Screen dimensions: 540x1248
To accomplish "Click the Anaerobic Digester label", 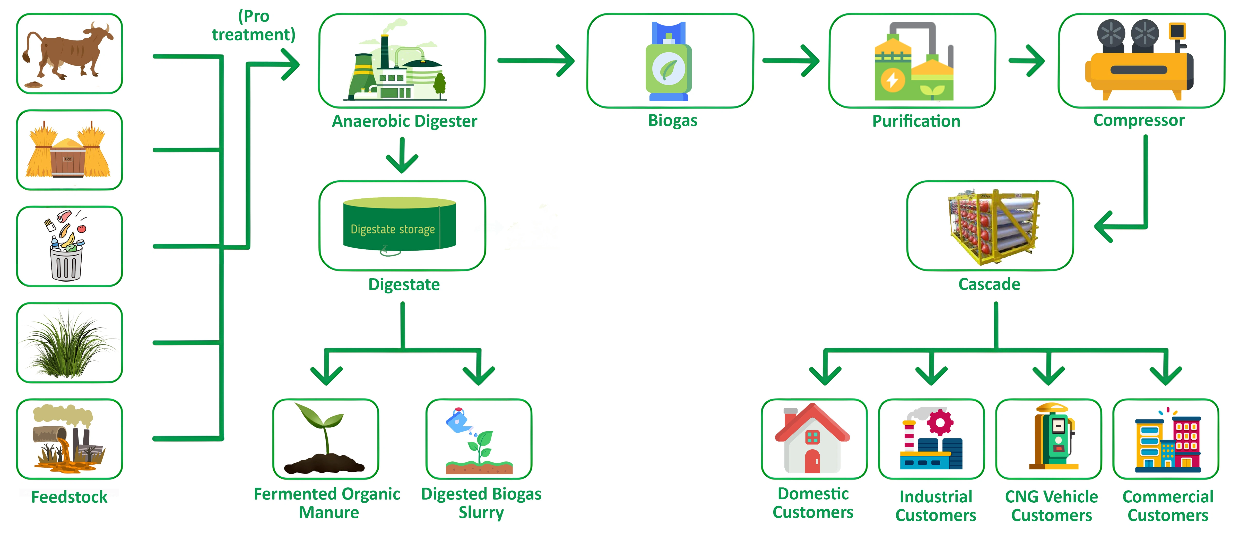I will pyautogui.click(x=404, y=121).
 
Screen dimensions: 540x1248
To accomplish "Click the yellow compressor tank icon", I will pyautogui.click(x=1139, y=70).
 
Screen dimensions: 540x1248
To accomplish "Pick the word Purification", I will pyautogui.click(x=916, y=121).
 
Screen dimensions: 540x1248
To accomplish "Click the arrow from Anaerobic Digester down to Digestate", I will pyautogui.click(x=402, y=155).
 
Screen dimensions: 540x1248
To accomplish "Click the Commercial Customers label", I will pyautogui.click(x=1168, y=505).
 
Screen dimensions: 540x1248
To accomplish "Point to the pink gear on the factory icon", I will pyautogui.click(x=940, y=422).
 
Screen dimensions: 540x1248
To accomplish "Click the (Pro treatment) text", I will pyautogui.click(x=253, y=25).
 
